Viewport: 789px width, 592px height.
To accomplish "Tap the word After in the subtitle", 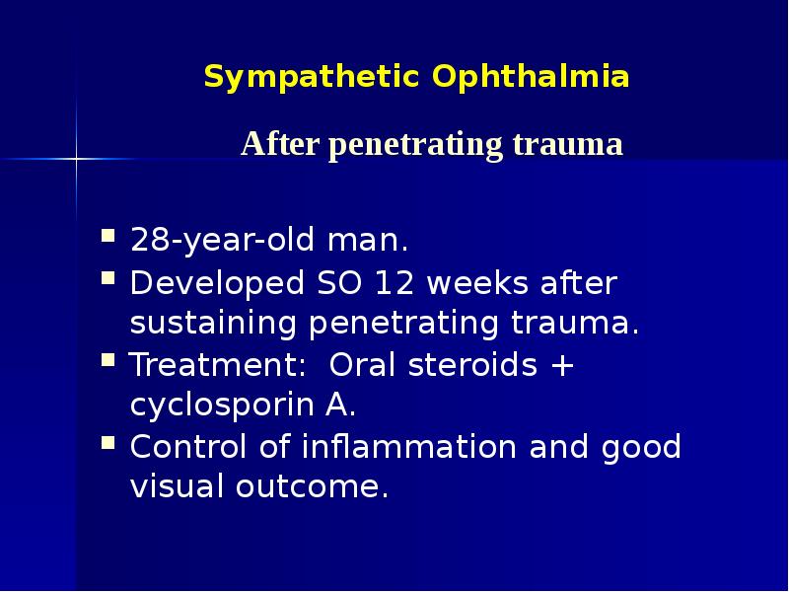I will click(x=281, y=145).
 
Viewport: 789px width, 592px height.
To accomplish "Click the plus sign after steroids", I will click(x=562, y=366).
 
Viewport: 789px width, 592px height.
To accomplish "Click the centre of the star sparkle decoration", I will click(x=77, y=158).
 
